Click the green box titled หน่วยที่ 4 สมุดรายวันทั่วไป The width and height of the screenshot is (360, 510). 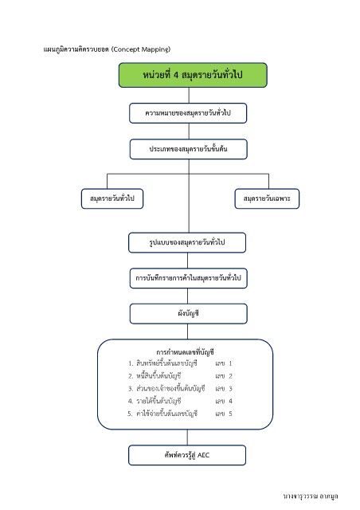[x=193, y=75]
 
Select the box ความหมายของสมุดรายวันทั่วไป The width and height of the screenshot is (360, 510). [x=188, y=113]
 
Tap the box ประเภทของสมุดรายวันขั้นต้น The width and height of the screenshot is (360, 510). [x=188, y=149]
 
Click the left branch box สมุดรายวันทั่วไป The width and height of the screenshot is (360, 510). [x=112, y=198]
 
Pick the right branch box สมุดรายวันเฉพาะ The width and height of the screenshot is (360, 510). [x=267, y=198]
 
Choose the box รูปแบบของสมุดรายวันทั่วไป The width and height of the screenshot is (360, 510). [x=187, y=242]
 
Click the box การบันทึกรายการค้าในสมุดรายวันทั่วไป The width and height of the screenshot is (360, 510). [x=188, y=278]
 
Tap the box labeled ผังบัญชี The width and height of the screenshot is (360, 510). [x=188, y=313]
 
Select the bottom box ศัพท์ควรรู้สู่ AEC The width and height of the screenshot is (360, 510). [x=187, y=455]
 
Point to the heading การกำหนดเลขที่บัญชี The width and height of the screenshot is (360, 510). [x=185, y=352]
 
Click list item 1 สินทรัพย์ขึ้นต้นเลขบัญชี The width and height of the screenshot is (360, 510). [x=162, y=363]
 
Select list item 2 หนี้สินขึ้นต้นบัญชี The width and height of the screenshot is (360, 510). [x=155, y=376]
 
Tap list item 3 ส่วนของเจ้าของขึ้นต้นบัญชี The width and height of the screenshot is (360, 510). [x=166, y=388]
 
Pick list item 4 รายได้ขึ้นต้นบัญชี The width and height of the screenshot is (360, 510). [x=155, y=401]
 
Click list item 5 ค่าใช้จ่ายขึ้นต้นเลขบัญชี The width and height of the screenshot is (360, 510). [x=162, y=414]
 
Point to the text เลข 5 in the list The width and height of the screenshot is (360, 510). [x=224, y=414]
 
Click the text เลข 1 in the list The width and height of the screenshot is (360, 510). [x=224, y=363]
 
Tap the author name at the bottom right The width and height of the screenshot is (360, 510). [x=311, y=496]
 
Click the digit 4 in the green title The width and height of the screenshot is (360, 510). [x=175, y=75]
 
